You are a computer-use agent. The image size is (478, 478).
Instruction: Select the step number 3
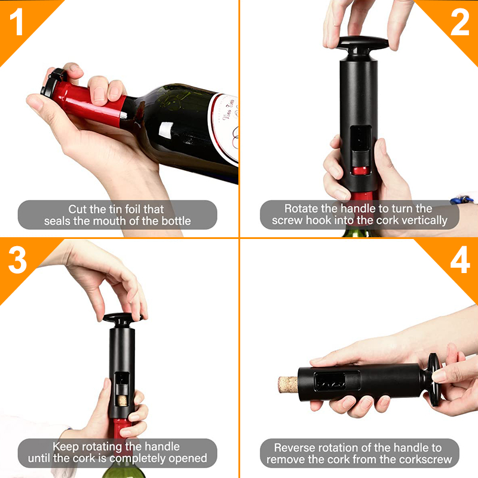18,261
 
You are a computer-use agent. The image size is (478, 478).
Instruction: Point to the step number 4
459,261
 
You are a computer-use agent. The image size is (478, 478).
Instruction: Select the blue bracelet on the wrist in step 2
461,199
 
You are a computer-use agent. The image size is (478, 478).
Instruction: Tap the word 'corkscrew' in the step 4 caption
421,459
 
